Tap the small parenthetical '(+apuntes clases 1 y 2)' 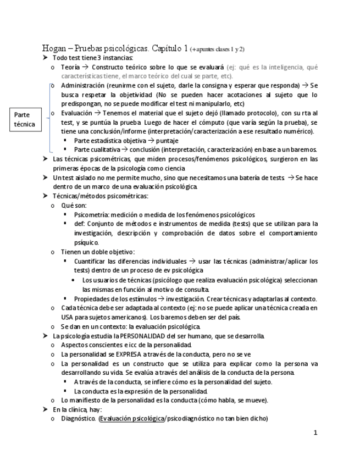click(218, 49)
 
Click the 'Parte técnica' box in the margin click(24, 119)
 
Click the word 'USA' click(67, 317)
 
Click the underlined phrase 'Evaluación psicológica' click(131, 418)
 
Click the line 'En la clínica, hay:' click(77, 409)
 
